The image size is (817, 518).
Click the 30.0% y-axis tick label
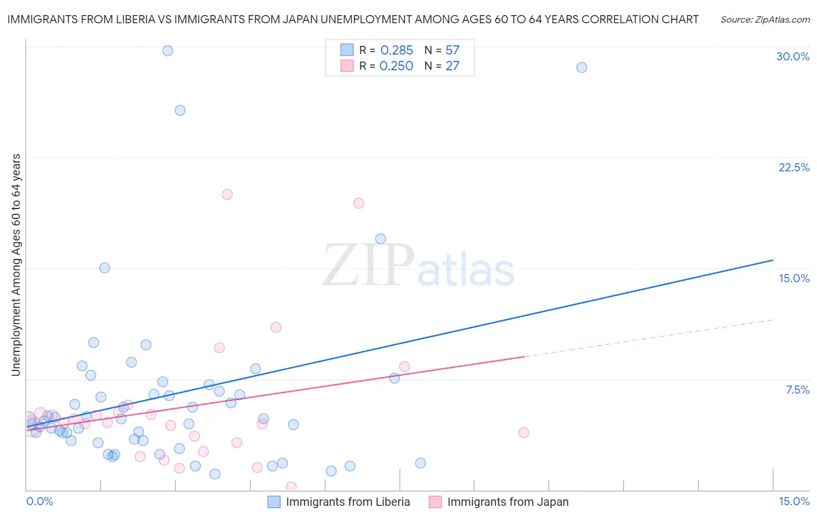(x=793, y=56)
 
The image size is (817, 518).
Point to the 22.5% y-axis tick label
(x=794, y=167)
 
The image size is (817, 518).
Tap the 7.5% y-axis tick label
(x=797, y=390)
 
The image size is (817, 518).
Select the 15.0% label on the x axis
(x=794, y=501)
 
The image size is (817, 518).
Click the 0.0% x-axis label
(x=40, y=501)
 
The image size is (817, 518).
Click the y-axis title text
(x=16, y=265)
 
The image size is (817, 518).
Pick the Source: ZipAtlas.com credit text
(x=765, y=20)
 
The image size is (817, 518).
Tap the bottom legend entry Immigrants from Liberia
(x=347, y=502)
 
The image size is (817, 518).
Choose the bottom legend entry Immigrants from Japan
(x=507, y=502)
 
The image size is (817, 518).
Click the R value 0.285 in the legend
(x=396, y=51)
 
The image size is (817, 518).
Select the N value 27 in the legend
(x=452, y=66)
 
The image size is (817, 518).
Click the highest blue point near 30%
(x=167, y=51)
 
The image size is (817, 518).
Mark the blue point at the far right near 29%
(x=581, y=67)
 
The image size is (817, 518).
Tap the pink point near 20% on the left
(x=227, y=195)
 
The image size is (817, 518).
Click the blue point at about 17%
(x=381, y=239)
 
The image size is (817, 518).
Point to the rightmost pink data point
(x=524, y=433)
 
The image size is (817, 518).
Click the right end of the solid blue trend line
(x=773, y=260)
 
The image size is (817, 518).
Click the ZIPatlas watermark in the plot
(x=418, y=266)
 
